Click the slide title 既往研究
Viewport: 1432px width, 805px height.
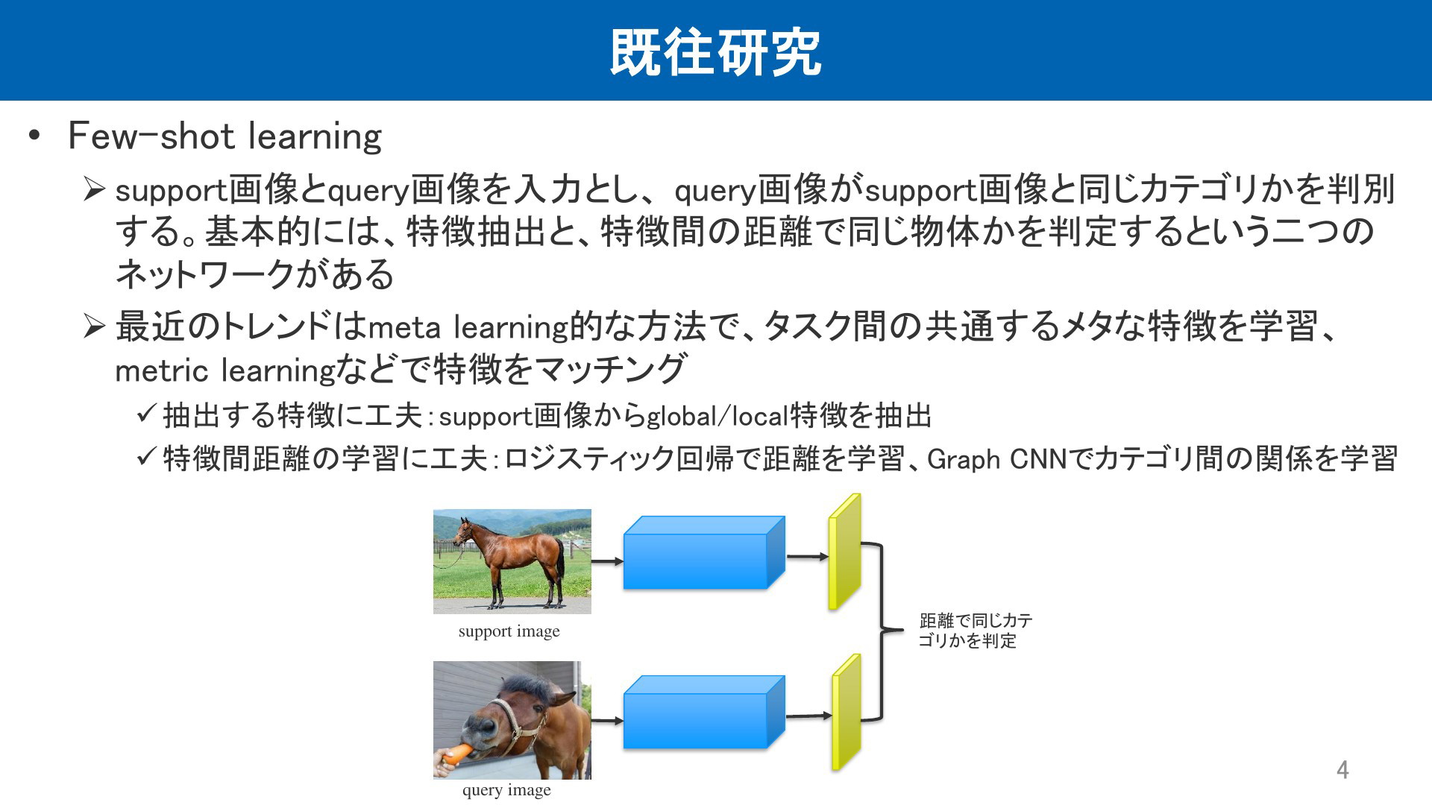click(x=716, y=52)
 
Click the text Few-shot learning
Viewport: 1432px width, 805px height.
click(x=224, y=136)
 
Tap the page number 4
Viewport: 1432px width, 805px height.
click(x=1342, y=770)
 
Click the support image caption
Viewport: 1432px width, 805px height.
click(x=509, y=631)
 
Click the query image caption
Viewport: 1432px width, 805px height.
click(x=506, y=790)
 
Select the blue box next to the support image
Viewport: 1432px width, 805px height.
click(x=704, y=552)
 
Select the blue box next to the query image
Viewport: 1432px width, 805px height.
click(x=704, y=712)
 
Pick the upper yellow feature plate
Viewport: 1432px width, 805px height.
click(x=845, y=552)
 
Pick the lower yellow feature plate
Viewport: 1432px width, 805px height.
click(x=847, y=712)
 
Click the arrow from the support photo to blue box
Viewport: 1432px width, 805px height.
click(x=607, y=561)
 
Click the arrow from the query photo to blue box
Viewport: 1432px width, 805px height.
click(x=607, y=721)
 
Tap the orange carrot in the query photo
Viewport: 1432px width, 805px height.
click(x=457, y=754)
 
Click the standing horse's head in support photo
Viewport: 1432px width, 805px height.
click(x=464, y=531)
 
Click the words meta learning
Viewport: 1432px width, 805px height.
click(x=468, y=327)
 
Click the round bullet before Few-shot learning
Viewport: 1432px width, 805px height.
click(x=34, y=136)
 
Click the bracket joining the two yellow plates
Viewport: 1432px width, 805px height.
click(x=883, y=631)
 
